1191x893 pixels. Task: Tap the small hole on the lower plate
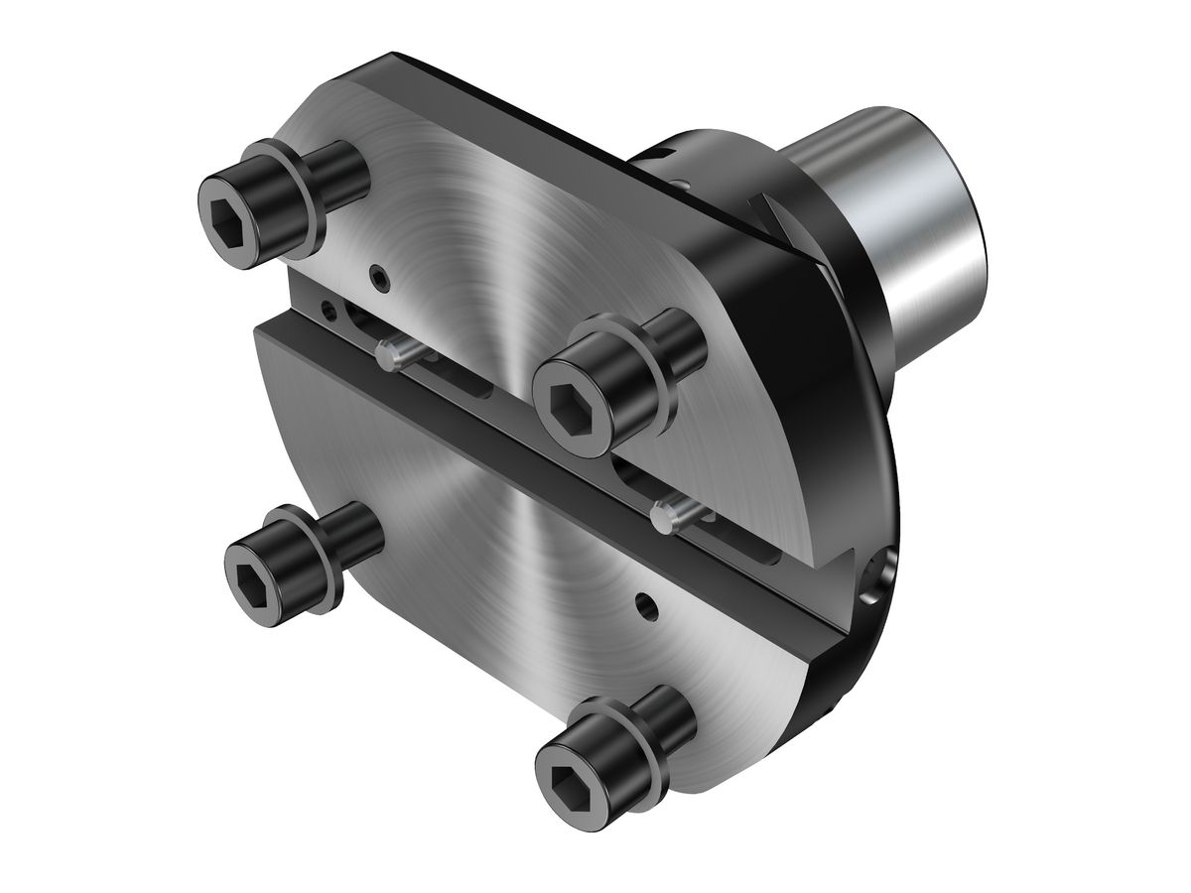[647, 602]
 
